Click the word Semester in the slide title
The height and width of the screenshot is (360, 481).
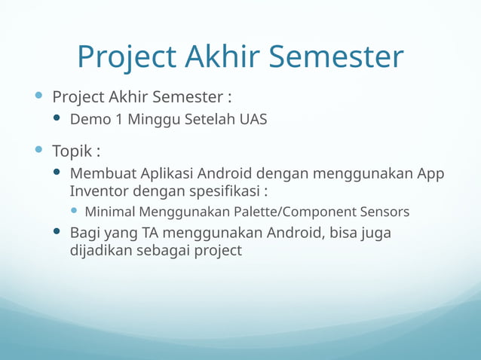(x=335, y=57)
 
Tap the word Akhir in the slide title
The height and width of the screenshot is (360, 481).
(x=222, y=57)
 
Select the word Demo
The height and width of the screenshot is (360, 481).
(x=88, y=120)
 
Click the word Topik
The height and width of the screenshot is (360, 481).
(x=72, y=151)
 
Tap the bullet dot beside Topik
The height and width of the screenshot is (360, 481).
(x=39, y=151)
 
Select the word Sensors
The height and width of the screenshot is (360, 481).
(x=384, y=212)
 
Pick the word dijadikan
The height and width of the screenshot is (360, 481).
(x=101, y=251)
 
